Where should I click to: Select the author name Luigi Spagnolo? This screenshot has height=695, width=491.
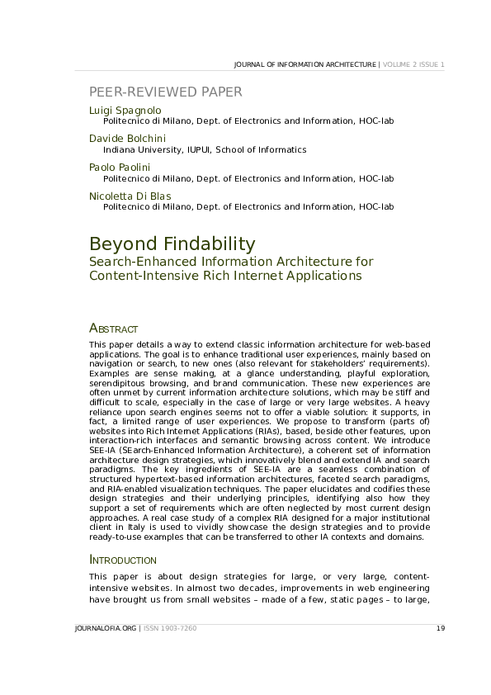[x=125, y=110]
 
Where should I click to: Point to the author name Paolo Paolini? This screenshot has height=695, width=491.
[x=120, y=167]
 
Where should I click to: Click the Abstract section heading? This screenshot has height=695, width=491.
[x=113, y=329]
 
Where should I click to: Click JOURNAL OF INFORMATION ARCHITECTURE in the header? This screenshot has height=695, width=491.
[x=305, y=64]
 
